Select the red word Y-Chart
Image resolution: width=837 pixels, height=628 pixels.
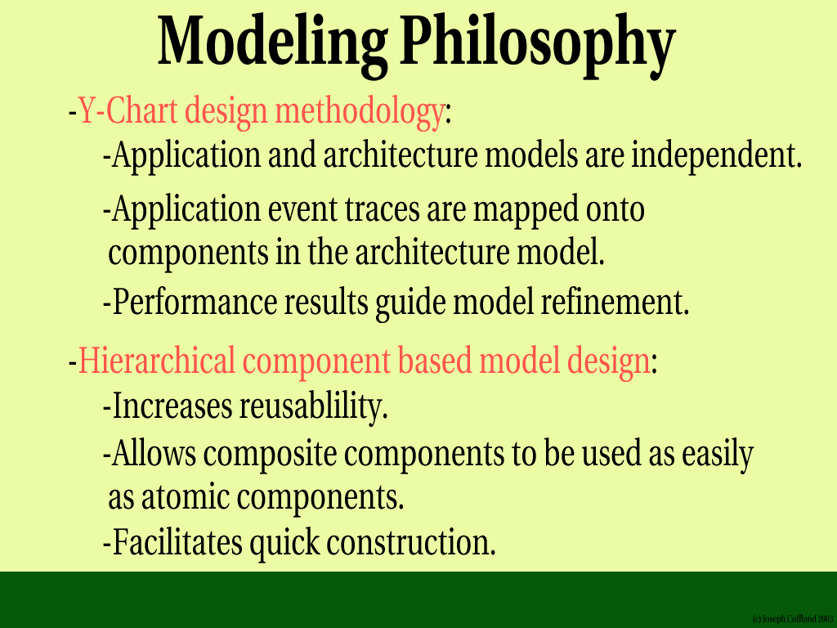tap(128, 110)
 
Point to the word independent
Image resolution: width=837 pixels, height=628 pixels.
tap(717, 155)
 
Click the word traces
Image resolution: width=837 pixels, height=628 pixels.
tap(382, 209)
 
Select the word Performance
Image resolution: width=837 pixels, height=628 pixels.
tap(195, 302)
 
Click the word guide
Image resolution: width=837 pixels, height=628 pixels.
tap(410, 303)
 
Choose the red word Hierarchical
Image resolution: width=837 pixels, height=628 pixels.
tap(157, 361)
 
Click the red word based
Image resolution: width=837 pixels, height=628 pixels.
tap(434, 361)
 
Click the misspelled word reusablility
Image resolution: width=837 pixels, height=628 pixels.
tap(313, 407)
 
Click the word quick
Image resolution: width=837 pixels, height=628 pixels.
tap(284, 544)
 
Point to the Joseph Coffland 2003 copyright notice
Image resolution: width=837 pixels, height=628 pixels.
tap(793, 619)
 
